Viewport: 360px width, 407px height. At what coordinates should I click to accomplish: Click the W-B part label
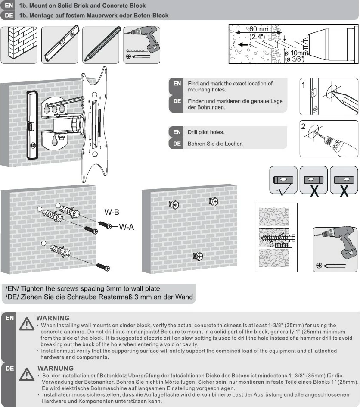112,212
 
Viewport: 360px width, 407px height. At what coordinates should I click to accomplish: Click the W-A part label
127,227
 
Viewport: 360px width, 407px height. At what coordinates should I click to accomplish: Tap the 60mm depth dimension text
259,29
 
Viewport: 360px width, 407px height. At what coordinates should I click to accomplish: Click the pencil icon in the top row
100,45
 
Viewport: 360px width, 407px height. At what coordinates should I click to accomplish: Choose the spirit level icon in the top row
60,45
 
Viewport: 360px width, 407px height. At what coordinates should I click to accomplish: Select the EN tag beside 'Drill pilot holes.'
177,132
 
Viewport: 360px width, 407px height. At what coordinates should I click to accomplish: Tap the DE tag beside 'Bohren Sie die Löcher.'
177,144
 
